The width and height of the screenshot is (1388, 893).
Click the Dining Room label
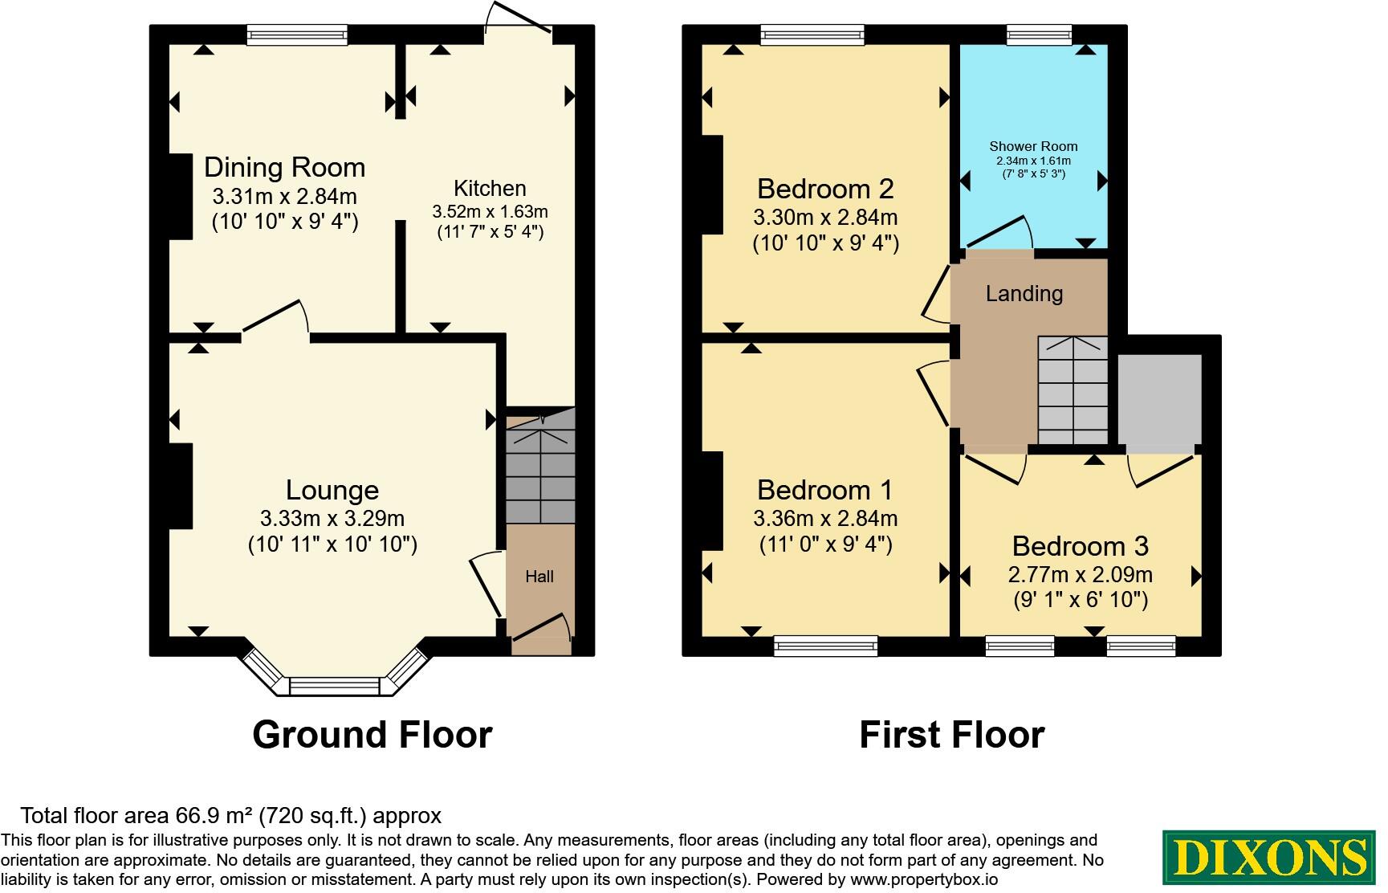click(x=284, y=167)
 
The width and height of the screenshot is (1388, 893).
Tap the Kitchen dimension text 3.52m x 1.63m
click(x=490, y=212)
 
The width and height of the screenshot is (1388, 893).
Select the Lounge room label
click(x=332, y=490)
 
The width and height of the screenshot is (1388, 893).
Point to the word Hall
click(x=539, y=576)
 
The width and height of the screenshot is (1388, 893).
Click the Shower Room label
click(x=1033, y=146)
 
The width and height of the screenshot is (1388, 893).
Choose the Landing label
click(x=1024, y=293)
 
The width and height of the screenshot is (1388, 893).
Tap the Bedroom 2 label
click(x=825, y=189)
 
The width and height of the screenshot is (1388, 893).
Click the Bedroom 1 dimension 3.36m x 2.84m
click(x=825, y=519)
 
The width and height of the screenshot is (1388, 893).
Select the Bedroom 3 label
click(x=1080, y=546)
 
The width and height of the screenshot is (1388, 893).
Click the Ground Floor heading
click(x=372, y=734)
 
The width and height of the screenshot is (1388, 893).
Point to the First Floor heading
click(x=951, y=734)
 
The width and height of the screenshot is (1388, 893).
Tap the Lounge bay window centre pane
click(x=333, y=687)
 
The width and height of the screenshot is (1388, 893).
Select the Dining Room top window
click(x=297, y=35)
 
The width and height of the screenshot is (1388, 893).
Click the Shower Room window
click(x=1039, y=35)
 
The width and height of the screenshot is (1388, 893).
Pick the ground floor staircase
click(x=540, y=466)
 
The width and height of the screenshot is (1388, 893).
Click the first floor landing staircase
click(x=1073, y=390)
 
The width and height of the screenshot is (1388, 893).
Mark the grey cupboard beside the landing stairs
click(x=1159, y=399)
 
